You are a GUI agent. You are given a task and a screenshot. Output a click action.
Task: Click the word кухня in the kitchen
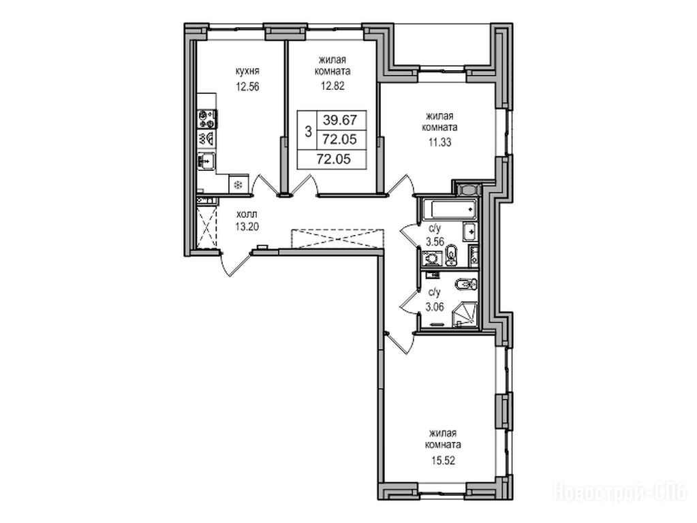click(x=247, y=72)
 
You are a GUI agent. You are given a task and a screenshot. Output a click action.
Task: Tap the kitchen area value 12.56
click(x=247, y=86)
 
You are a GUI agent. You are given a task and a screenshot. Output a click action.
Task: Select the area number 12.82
click(x=332, y=86)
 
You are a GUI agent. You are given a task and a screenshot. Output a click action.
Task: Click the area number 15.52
click(x=442, y=461)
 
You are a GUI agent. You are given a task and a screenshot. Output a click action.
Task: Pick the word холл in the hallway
click(x=247, y=214)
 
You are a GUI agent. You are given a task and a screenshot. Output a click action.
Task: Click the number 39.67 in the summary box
click(x=340, y=121)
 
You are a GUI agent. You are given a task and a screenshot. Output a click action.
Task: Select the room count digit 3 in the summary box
click(x=307, y=131)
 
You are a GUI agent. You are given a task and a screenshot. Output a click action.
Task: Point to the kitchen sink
click(x=206, y=161)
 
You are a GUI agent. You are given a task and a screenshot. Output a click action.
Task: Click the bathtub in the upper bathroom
click(x=449, y=210)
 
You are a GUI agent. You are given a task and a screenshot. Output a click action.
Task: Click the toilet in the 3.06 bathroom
click(x=466, y=284)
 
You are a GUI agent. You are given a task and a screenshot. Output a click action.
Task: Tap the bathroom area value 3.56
click(x=435, y=242)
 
